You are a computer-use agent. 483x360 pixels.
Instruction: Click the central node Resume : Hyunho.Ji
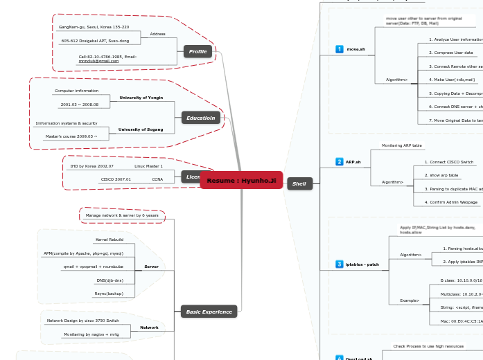click(241, 181)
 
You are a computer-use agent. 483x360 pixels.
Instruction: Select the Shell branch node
click(299, 183)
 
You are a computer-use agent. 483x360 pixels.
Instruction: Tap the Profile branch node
click(198, 51)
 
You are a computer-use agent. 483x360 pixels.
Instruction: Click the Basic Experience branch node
click(209, 312)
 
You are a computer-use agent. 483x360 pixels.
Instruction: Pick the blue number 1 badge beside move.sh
click(339, 49)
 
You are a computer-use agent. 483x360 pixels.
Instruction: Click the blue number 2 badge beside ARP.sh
click(339, 161)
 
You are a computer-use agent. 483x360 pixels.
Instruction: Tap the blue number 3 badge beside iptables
click(339, 264)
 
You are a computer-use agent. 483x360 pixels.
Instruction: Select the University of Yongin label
click(141, 98)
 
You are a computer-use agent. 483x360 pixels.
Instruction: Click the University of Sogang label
click(141, 129)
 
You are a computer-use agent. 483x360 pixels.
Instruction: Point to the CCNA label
click(157, 179)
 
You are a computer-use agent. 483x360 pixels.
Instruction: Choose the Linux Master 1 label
click(148, 166)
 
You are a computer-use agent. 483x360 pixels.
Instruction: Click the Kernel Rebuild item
click(109, 240)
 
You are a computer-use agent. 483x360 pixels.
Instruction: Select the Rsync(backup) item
click(109, 294)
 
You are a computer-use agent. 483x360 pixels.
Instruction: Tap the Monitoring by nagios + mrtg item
click(91, 334)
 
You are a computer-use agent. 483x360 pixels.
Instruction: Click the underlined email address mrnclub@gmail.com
click(98, 61)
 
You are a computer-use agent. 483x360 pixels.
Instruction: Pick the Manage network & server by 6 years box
click(122, 215)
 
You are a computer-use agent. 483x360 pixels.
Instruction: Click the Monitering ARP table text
click(401, 145)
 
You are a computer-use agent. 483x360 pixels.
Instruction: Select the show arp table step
click(443, 175)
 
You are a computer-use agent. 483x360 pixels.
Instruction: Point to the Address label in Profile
click(158, 33)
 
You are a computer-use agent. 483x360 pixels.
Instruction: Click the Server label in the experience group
click(151, 267)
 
